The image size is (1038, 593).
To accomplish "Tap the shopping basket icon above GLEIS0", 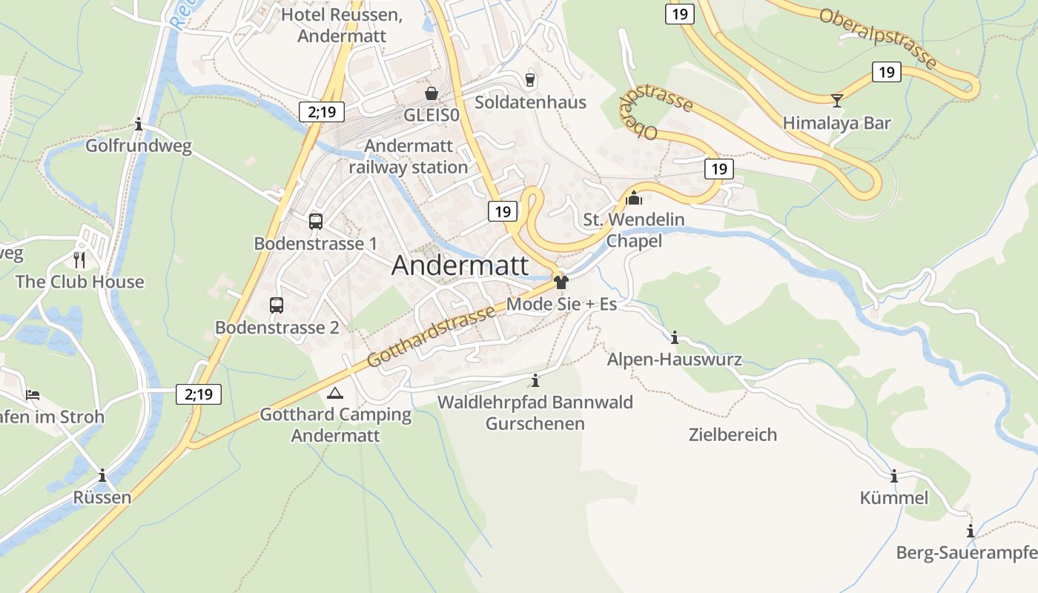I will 431,93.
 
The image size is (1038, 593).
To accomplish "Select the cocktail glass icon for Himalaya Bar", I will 837,99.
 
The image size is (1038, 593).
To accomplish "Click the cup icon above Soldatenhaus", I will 529,79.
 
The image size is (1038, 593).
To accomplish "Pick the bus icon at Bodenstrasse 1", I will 315,221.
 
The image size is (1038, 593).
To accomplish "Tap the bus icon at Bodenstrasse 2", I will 277,305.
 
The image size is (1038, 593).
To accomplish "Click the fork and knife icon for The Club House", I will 79,259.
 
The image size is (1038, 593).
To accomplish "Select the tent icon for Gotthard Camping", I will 335,393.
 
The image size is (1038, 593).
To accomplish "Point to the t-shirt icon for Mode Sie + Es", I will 561,282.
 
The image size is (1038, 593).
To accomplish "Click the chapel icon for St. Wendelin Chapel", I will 634,198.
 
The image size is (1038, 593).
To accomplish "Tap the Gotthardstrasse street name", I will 432,337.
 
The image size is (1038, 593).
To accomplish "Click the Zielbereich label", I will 733,434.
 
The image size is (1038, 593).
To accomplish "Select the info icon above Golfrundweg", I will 139,124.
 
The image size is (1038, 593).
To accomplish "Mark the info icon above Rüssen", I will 102,475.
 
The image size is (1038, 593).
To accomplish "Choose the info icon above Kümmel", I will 893,476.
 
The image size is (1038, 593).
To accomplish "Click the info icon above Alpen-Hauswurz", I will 674,338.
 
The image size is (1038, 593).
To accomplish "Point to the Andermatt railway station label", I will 409,157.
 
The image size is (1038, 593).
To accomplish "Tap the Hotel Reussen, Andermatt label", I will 342,25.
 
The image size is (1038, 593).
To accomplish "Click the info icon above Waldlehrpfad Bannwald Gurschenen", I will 535,381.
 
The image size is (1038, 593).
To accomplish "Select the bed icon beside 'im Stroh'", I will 32,395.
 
